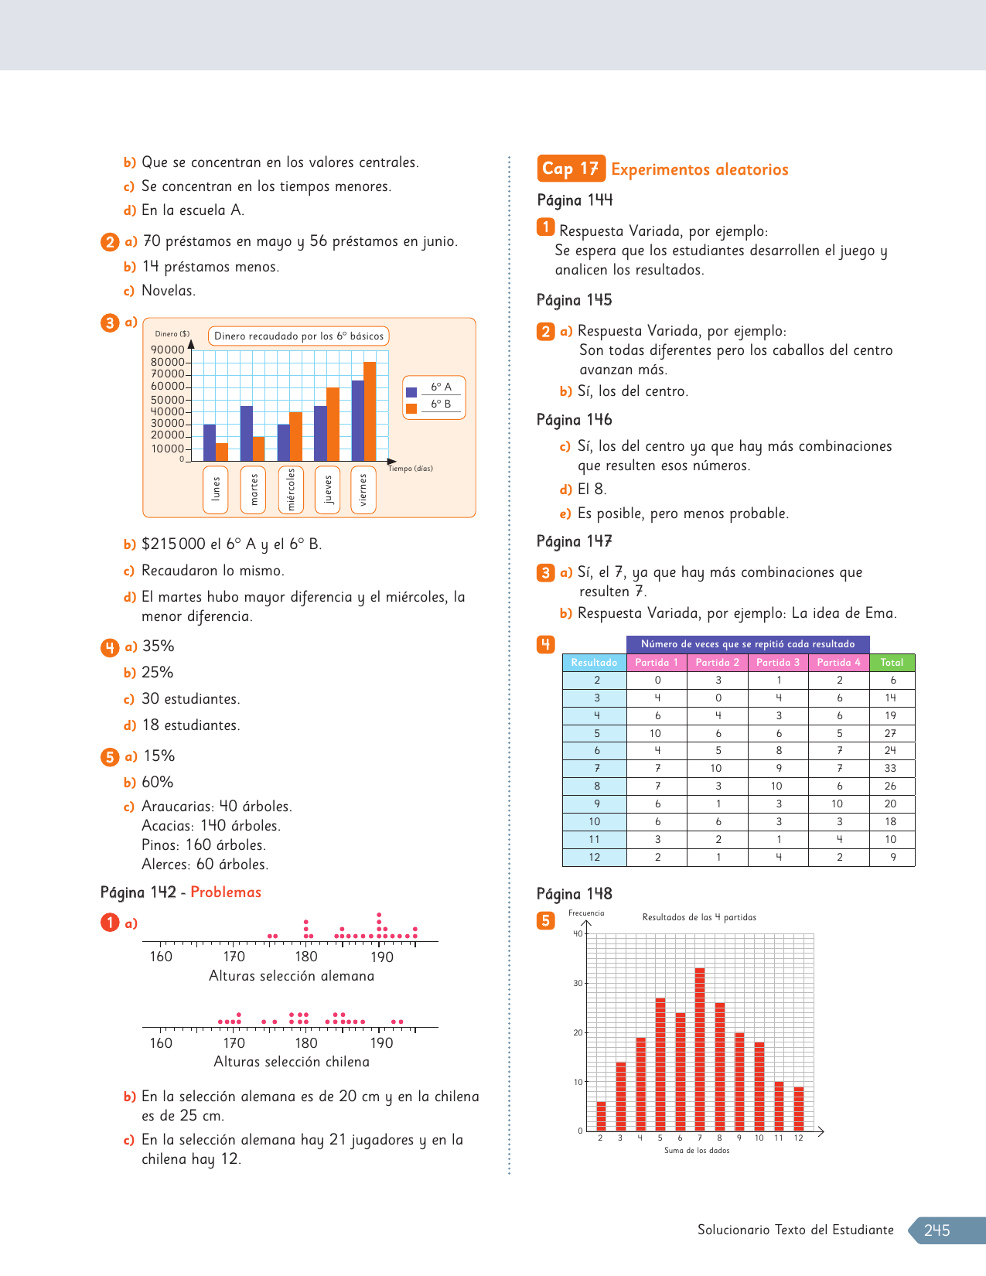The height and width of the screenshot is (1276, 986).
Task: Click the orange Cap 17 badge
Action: click(x=571, y=169)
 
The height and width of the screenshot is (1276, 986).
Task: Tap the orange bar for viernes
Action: click(x=370, y=411)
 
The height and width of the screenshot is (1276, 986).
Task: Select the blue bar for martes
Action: click(x=247, y=433)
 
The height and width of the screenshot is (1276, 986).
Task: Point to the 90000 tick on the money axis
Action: click(x=168, y=350)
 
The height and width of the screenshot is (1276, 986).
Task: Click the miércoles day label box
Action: click(x=291, y=490)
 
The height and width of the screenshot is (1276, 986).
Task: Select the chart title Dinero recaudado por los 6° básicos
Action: click(x=299, y=336)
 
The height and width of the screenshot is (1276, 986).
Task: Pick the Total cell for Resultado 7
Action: click(x=891, y=769)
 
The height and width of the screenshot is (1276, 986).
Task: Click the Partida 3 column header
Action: click(x=778, y=663)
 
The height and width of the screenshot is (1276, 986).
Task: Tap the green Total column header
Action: click(x=892, y=663)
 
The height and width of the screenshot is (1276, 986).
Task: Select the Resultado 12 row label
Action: click(x=594, y=857)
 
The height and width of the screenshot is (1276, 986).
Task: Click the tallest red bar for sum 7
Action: click(x=700, y=1049)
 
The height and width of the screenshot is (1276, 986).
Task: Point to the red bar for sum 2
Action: click(x=601, y=1116)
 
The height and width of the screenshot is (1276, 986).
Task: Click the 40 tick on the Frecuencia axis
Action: click(x=578, y=933)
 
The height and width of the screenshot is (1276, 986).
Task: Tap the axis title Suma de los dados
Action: click(x=697, y=1151)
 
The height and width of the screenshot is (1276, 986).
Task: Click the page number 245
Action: click(x=937, y=1230)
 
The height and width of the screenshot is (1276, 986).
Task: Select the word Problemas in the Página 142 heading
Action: click(x=226, y=892)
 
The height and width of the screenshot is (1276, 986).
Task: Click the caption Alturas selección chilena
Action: click(x=292, y=1062)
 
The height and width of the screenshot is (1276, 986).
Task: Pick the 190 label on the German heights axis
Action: click(x=382, y=957)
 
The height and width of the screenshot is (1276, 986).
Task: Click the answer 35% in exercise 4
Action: click(x=159, y=647)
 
